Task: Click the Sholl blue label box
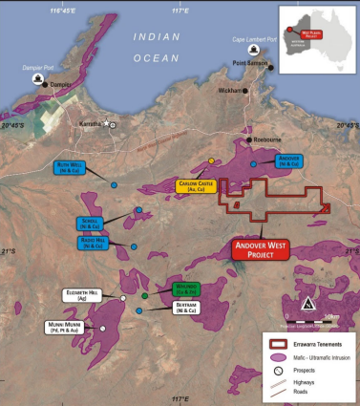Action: click(x=91, y=222)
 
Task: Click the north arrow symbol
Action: click(x=307, y=305)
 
